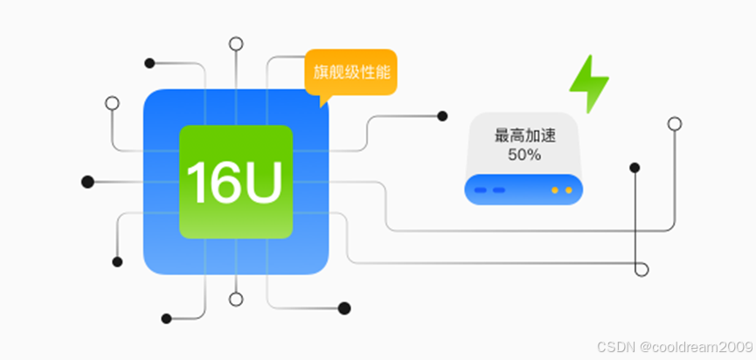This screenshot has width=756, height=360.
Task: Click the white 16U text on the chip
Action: (x=234, y=183)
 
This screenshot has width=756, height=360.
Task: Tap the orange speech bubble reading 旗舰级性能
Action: (x=350, y=72)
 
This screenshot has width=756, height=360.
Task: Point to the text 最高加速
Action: (x=524, y=136)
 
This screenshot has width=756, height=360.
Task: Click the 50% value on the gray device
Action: (x=524, y=155)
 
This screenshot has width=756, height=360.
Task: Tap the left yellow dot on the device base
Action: (x=553, y=190)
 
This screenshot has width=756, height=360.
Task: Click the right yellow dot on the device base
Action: (x=568, y=190)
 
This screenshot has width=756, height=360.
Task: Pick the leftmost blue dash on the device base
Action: (x=481, y=190)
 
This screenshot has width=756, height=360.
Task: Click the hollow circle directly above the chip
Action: (x=235, y=44)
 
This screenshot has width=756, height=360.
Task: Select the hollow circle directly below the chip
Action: (x=235, y=299)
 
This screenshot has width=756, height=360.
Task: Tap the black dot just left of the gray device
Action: (x=442, y=116)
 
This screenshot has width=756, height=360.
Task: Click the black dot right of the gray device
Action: (x=635, y=167)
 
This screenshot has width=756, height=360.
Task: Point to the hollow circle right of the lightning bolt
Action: (x=674, y=123)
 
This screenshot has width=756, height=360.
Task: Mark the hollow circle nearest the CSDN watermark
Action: (x=642, y=269)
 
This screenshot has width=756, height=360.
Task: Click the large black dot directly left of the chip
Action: (x=87, y=182)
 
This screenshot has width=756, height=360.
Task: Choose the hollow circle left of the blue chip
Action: (x=112, y=102)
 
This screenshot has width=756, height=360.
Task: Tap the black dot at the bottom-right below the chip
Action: (x=344, y=308)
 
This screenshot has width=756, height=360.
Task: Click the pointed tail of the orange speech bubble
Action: (x=323, y=101)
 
